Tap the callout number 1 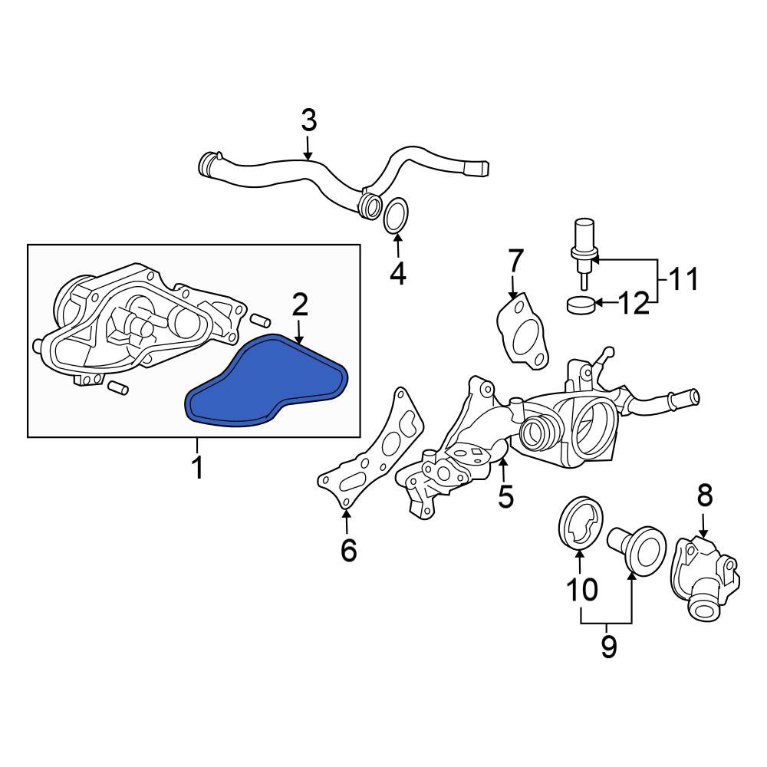tap(197, 467)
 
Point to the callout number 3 tap(308, 120)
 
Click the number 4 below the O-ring tap(397, 274)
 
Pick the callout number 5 tap(505, 496)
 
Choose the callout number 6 tap(348, 550)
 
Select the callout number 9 tap(608, 647)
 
